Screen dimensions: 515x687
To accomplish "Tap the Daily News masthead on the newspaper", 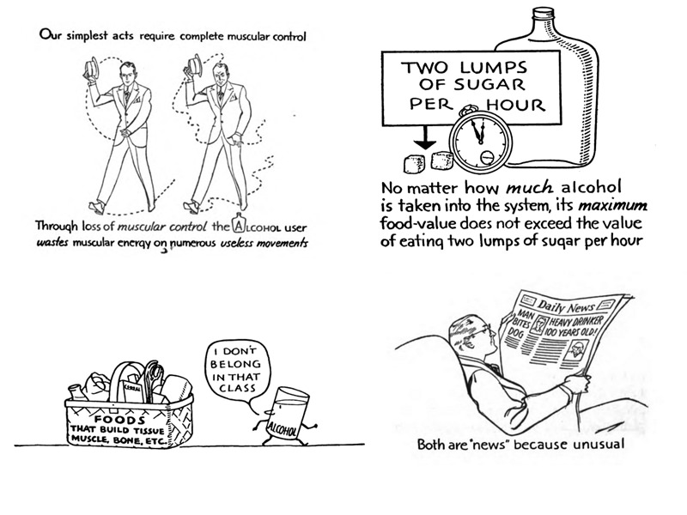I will (567, 303).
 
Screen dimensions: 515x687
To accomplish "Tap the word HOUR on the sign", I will (514, 106).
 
